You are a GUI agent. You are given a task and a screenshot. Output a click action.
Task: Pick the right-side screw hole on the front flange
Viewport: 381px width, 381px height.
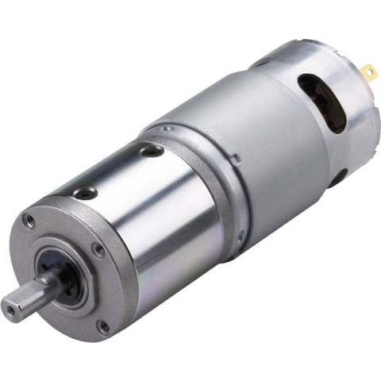(98, 250)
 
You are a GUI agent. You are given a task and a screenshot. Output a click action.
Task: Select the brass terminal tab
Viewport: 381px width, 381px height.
(368, 74)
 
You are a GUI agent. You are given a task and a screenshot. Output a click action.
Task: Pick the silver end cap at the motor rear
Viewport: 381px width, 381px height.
(349, 111)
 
